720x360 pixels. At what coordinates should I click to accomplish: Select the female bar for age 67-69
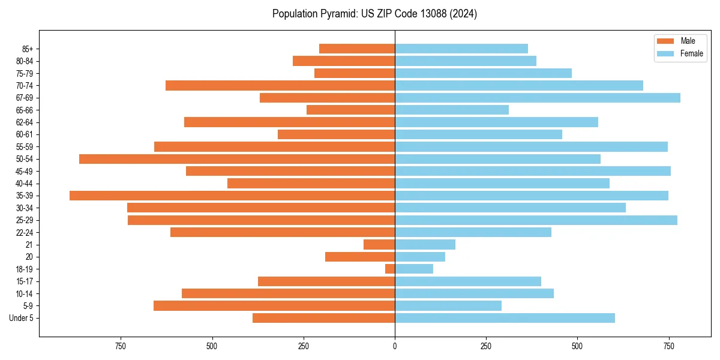pyautogui.click(x=538, y=98)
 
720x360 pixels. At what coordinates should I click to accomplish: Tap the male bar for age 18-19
pyautogui.click(x=390, y=269)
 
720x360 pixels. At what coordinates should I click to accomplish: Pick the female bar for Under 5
pyautogui.click(x=505, y=318)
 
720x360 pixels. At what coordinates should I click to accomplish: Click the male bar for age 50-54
pyautogui.click(x=237, y=159)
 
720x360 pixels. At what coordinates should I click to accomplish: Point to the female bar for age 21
pyautogui.click(x=425, y=244)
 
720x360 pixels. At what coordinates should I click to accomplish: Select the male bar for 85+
pyautogui.click(x=357, y=49)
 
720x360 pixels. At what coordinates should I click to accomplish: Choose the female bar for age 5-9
pyautogui.click(x=448, y=305)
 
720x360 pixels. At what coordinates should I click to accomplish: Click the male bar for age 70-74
pyautogui.click(x=280, y=85)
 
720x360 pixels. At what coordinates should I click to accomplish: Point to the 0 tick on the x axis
pyautogui.click(x=395, y=346)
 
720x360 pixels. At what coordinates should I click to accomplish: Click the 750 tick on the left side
pyautogui.click(x=121, y=346)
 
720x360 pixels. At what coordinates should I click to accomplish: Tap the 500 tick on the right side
pyautogui.click(x=577, y=346)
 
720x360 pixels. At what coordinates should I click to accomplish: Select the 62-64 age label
pyautogui.click(x=25, y=122)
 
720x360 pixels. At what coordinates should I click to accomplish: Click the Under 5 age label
pyautogui.click(x=22, y=318)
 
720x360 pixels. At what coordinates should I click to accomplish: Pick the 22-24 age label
pyautogui.click(x=25, y=232)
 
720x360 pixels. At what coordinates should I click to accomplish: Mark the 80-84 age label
pyautogui.click(x=25, y=61)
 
